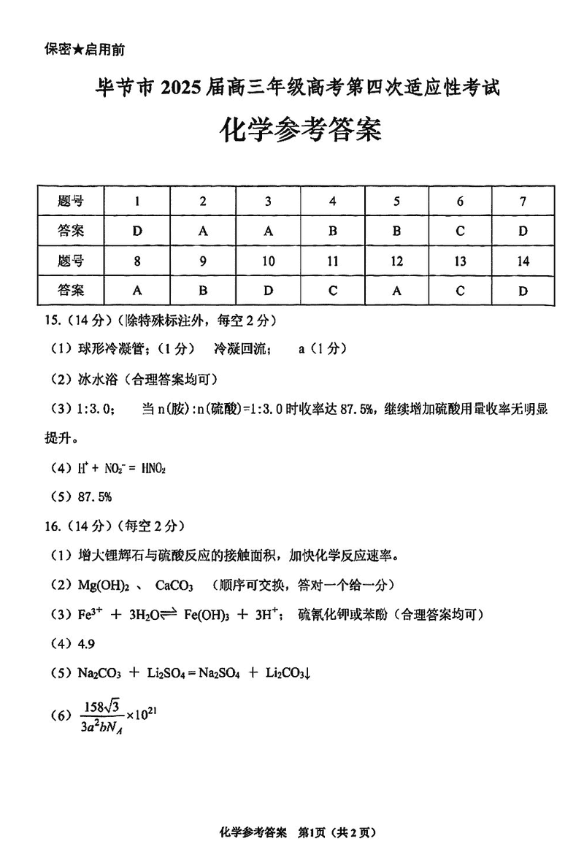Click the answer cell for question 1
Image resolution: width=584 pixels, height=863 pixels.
point(137,231)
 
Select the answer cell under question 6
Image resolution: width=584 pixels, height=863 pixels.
point(460,231)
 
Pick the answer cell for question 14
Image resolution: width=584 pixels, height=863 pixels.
point(523,290)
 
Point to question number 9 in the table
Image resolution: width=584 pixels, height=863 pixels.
point(203,261)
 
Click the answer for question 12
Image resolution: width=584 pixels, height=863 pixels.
point(396,290)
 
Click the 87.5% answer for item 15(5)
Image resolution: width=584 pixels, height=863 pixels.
point(95,496)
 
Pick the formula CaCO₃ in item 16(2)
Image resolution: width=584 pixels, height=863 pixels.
point(174,585)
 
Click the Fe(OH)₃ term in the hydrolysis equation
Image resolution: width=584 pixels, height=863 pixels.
point(209,615)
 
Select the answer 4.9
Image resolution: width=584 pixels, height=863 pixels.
point(85,644)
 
